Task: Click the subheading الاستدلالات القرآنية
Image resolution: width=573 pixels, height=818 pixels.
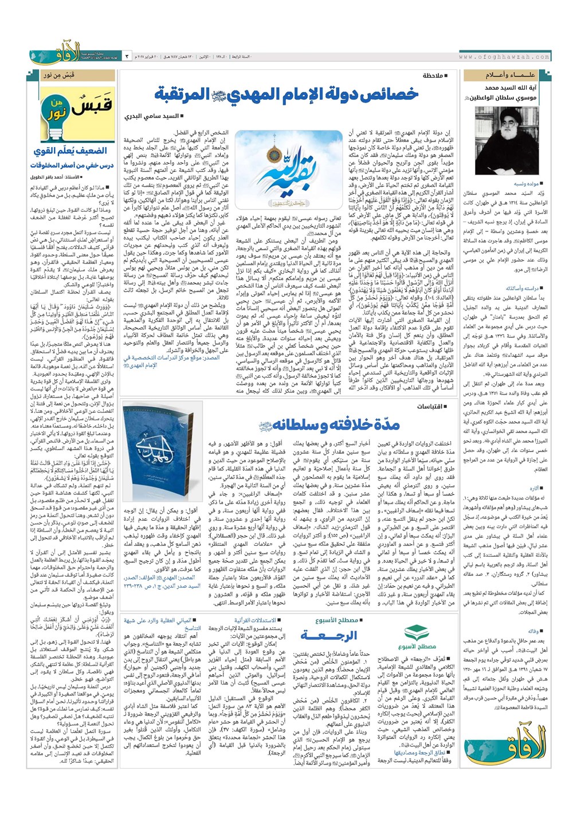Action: pos(254,620)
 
